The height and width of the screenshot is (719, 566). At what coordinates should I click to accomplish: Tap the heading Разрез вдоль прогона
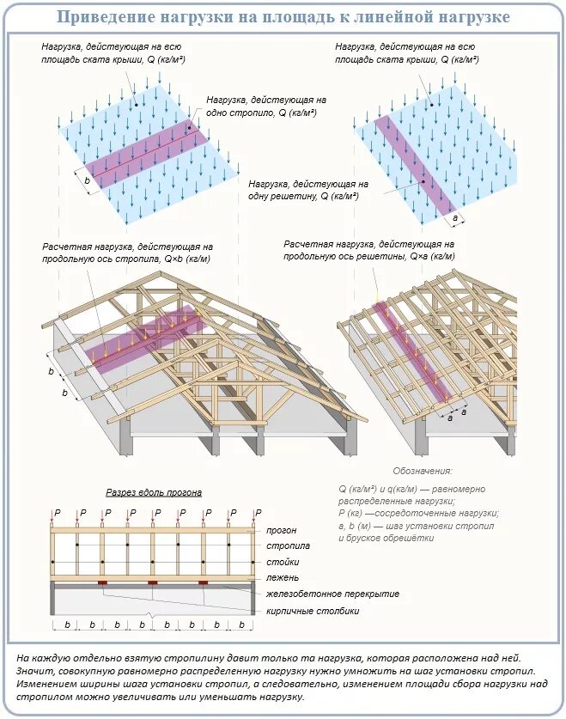tap(154, 492)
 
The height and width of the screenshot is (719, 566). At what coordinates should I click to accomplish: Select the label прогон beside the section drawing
tap(282, 531)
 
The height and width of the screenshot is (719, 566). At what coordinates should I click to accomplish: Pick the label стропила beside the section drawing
tap(288, 546)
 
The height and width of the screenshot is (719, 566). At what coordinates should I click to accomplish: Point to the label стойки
tap(283, 562)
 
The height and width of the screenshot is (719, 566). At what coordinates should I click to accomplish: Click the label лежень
tap(283, 577)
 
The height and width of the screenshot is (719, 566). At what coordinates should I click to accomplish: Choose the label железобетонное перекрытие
tap(332, 594)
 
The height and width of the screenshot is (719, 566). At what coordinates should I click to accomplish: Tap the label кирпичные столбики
tap(312, 611)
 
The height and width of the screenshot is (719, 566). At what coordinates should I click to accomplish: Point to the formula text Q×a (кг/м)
tap(432, 256)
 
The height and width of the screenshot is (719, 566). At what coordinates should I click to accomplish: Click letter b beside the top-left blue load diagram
tap(88, 181)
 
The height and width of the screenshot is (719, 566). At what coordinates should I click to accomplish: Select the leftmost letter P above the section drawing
tap(58, 513)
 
